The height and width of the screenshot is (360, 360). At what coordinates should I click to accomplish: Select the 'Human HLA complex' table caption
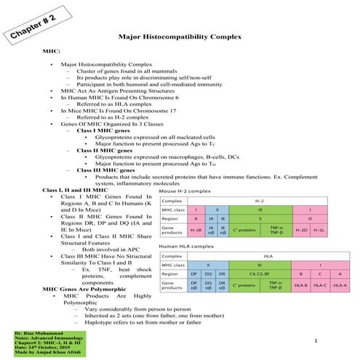click(x=187, y=247)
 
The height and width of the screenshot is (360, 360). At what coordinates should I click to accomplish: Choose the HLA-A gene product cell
click(x=340, y=286)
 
